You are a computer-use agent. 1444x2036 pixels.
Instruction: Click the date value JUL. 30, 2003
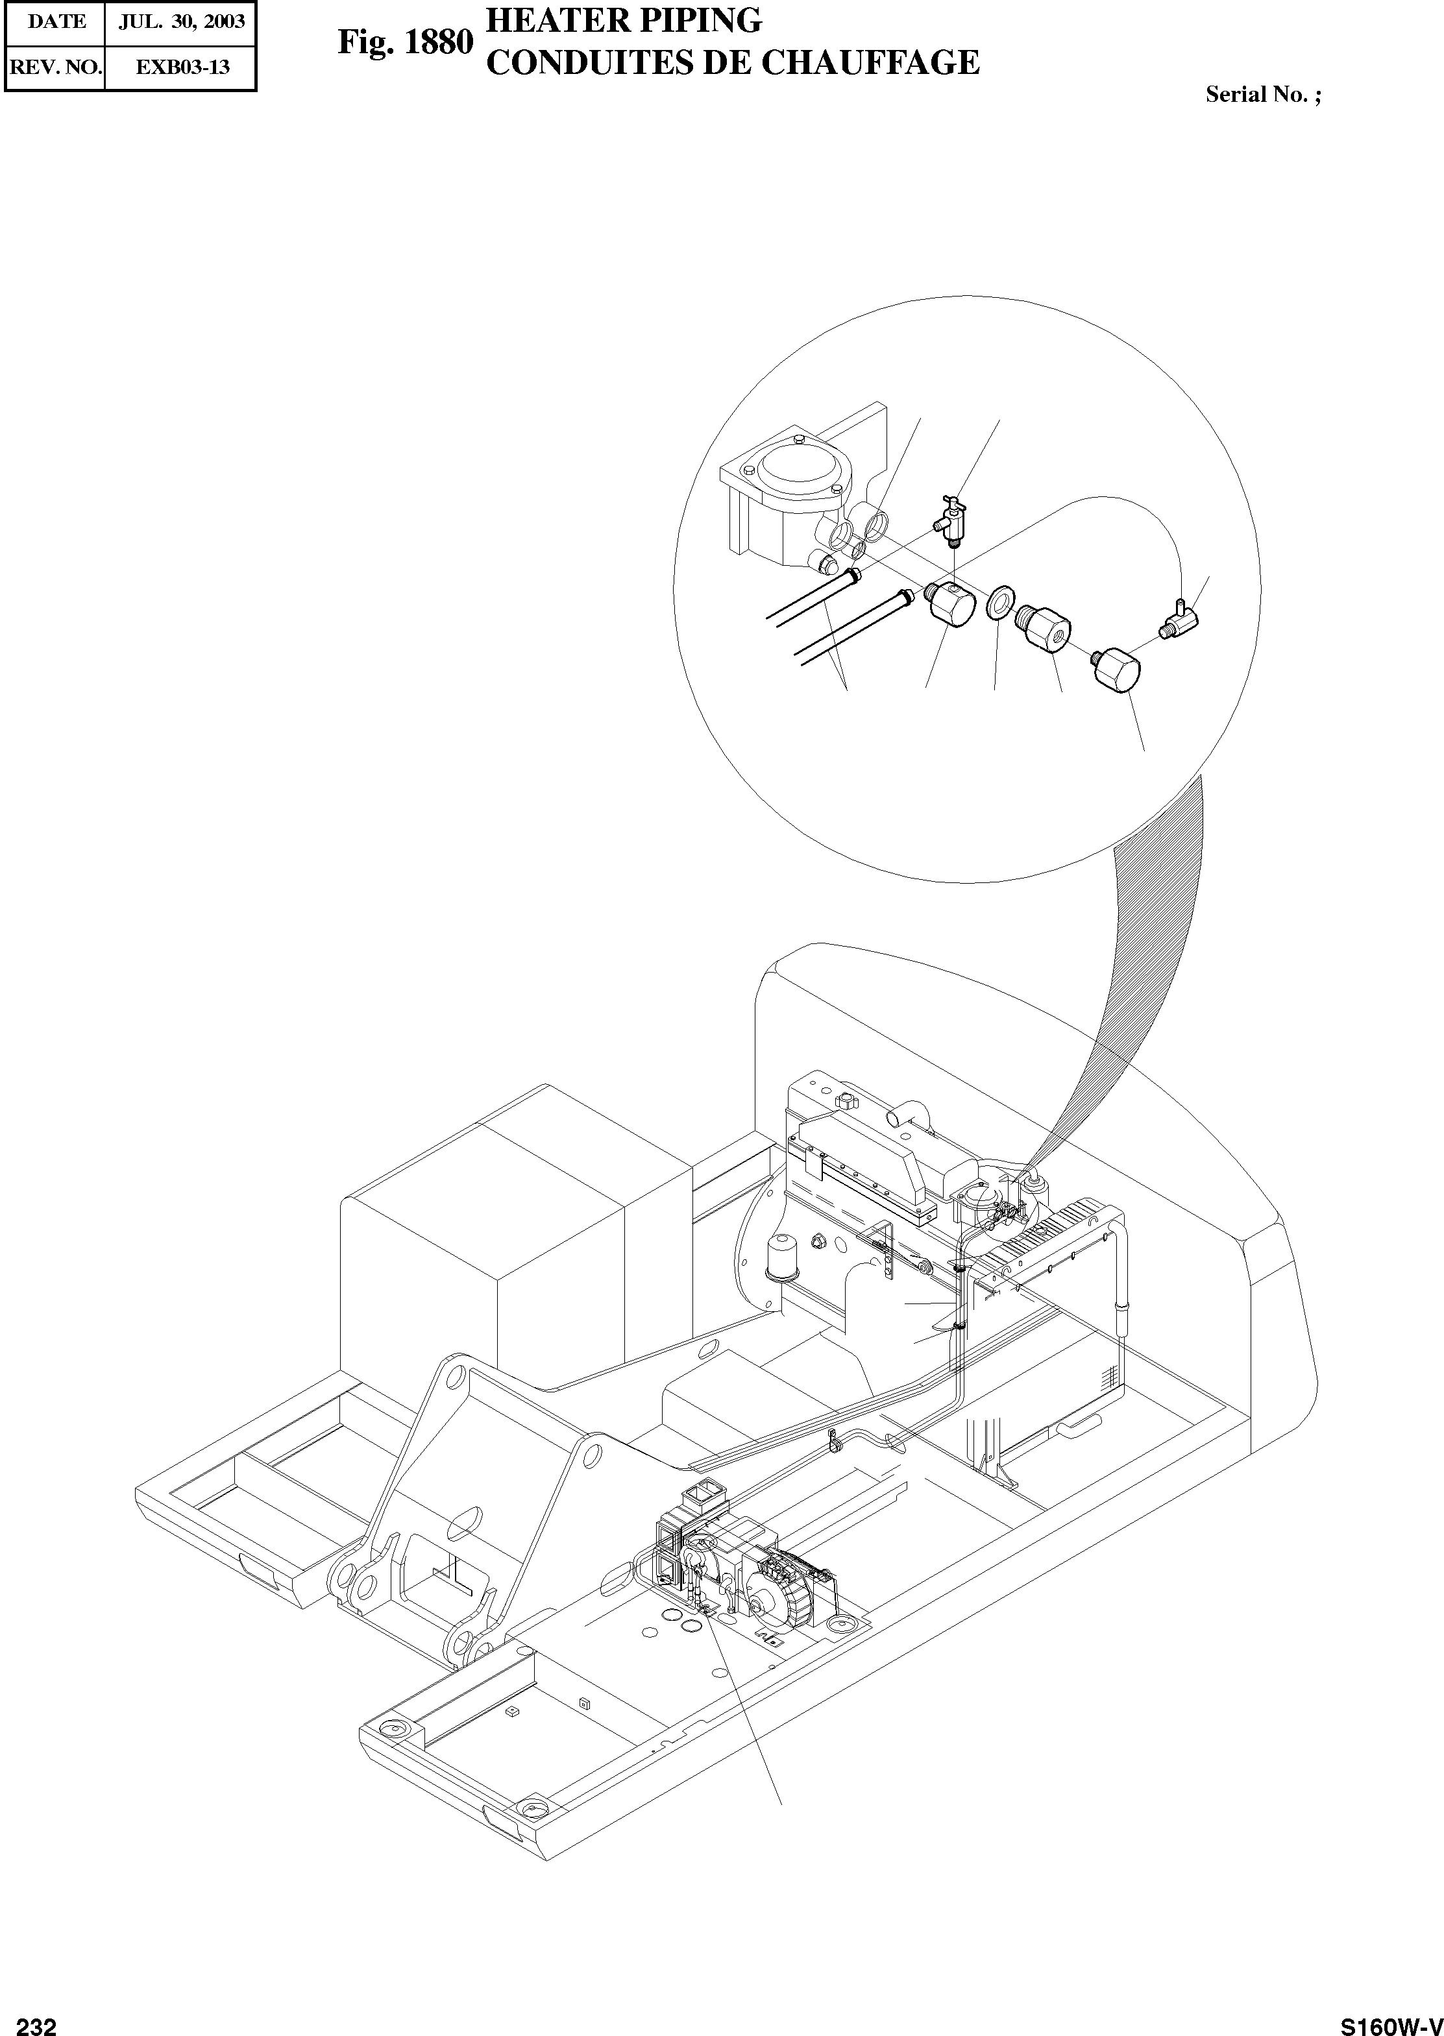(x=181, y=22)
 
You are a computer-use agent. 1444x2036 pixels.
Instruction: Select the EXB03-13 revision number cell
(x=181, y=67)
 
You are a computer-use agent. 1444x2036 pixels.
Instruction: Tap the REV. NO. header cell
(x=55, y=67)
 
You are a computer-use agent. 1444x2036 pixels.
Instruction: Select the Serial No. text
(x=1262, y=94)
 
